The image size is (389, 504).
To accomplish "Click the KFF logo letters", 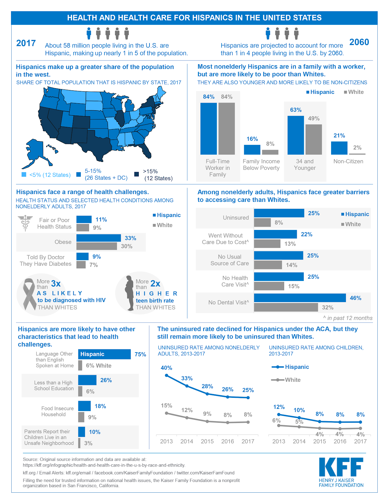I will click(341, 467).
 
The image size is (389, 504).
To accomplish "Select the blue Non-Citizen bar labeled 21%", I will click(339, 148).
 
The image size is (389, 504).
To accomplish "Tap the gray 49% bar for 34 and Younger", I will click(313, 140).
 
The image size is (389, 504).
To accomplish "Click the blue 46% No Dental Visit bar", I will click(300, 298).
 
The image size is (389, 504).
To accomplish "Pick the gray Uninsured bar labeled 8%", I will click(262, 223).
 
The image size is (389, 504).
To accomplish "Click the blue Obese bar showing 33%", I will click(99, 238).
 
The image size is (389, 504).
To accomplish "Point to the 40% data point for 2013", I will click(166, 375).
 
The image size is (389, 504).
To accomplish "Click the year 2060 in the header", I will click(359, 42).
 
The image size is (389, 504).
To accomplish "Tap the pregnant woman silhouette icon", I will click(129, 293).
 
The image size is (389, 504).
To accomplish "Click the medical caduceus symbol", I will click(25, 223).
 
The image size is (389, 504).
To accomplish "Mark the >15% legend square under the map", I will click(137, 175).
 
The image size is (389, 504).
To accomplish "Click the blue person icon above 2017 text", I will click(89, 33).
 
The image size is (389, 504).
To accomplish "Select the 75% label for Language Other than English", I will click(140, 354).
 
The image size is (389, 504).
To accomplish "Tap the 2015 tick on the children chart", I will click(319, 441).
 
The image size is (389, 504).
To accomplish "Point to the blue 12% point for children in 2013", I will click(279, 415).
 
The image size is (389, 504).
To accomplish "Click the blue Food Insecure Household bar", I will click(84, 406).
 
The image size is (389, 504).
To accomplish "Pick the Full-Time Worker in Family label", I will click(217, 168).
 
